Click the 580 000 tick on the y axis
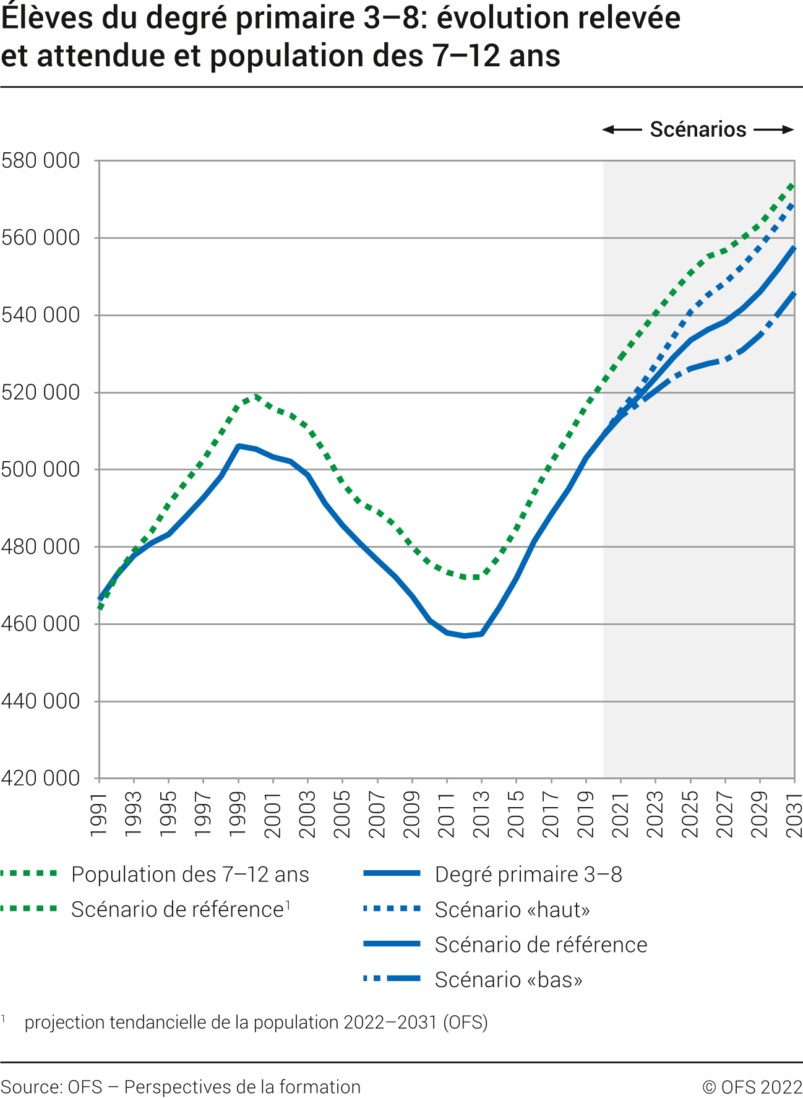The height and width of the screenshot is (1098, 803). point(41,161)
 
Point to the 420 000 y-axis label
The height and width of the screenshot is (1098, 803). point(41,778)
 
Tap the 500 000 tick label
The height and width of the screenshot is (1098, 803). point(41,469)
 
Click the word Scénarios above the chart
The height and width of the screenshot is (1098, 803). point(698,129)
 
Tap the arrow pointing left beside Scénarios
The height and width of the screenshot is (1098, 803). point(622,129)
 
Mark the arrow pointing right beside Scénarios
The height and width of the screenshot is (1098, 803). point(774,129)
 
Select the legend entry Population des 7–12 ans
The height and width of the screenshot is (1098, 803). point(190,874)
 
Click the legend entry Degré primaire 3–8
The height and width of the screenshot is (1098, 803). point(528,874)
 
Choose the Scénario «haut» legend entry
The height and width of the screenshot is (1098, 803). point(512,909)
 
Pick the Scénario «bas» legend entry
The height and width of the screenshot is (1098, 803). point(509,980)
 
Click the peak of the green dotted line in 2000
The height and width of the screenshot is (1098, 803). point(256,396)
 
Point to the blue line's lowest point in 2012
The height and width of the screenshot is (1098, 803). point(464,636)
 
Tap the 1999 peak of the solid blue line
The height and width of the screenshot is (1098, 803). point(239,446)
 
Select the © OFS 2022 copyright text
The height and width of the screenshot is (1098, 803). point(752,1087)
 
